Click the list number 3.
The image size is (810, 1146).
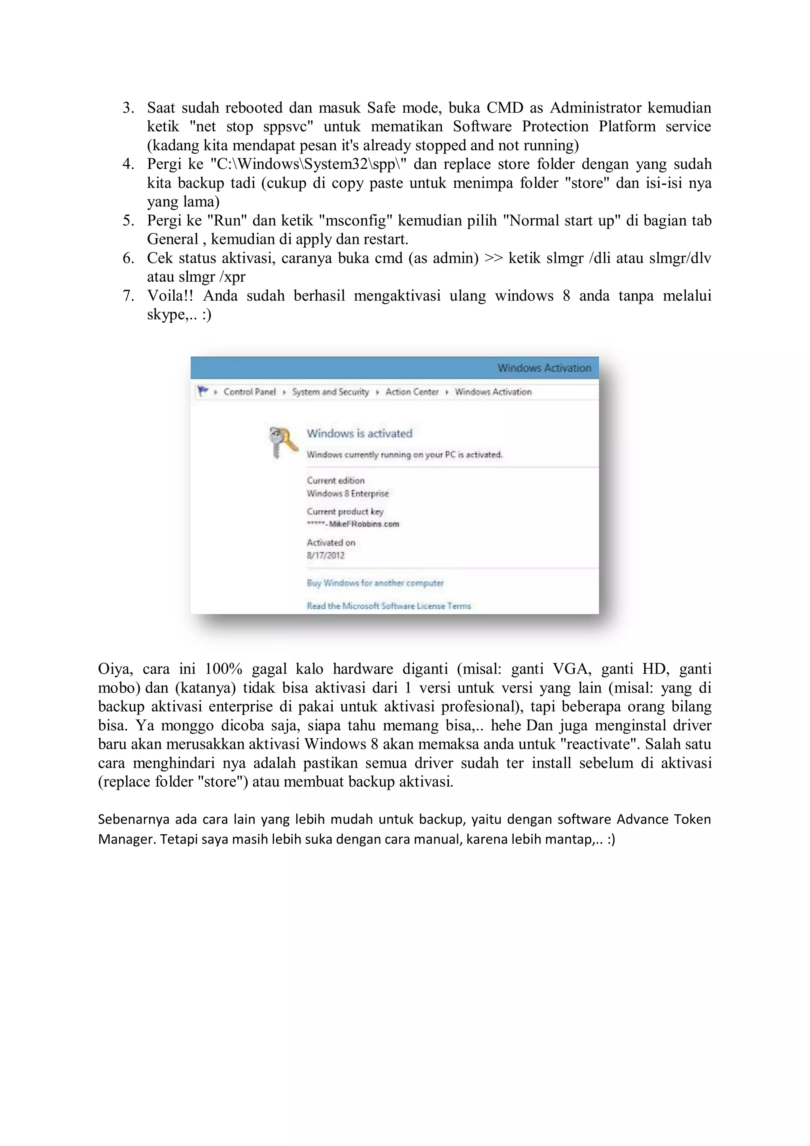pos(128,108)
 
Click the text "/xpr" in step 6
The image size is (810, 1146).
pos(232,277)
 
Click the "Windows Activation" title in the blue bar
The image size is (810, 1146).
pos(543,368)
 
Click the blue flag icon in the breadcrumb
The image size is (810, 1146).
pos(202,391)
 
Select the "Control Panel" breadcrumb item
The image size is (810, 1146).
pos(250,392)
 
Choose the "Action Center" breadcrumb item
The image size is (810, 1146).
pos(412,392)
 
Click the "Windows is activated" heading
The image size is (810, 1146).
pos(360,433)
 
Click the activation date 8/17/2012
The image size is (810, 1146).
pos(326,555)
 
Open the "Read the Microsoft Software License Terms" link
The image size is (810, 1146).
pos(389,606)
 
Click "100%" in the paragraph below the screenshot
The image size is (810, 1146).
pos(223,669)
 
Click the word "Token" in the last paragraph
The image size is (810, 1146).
pos(692,819)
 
